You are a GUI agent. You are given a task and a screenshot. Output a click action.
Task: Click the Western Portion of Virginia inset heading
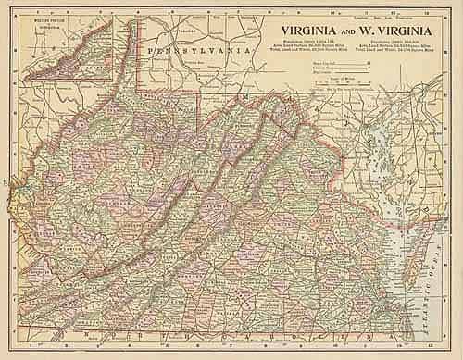click(x=39, y=19)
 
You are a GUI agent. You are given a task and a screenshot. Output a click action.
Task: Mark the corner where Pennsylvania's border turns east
click(x=142, y=93)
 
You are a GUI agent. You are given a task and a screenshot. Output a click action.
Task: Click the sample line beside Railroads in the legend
click(x=367, y=74)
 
